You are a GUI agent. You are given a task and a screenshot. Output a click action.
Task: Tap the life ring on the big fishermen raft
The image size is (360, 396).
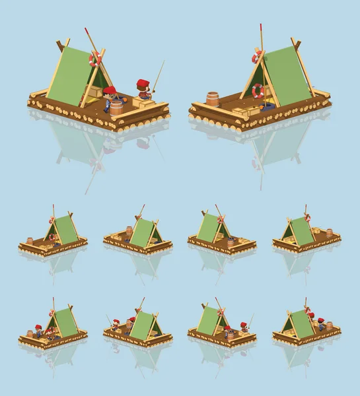[x=95, y=59]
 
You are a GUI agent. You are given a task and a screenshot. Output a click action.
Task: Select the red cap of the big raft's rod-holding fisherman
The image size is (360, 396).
[x=143, y=83]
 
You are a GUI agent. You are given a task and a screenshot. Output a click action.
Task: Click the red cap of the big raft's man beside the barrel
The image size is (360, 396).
[x=110, y=90]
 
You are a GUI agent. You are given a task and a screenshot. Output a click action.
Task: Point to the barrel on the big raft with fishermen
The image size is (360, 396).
[x=116, y=108]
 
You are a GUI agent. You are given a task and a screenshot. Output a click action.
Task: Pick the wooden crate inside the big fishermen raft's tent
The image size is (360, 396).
[x=96, y=92]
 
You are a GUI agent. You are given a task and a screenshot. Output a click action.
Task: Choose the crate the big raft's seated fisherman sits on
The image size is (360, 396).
[x=141, y=102]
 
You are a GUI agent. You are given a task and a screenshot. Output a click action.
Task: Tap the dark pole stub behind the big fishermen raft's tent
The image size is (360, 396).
[x=60, y=45]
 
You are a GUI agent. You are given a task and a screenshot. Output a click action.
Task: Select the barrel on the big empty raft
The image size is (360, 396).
[x=212, y=99]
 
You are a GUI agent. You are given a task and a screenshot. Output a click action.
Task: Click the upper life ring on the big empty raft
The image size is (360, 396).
[x=257, y=57]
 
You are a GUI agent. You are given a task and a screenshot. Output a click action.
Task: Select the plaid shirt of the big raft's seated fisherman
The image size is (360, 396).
[x=143, y=94]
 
